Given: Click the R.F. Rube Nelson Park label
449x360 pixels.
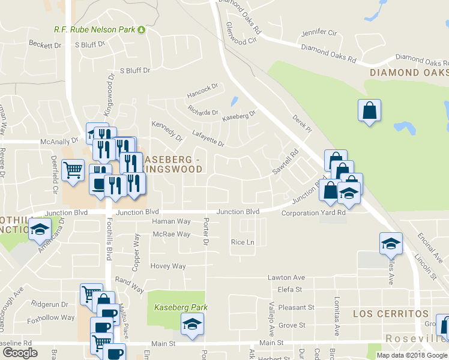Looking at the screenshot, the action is [x=94, y=29].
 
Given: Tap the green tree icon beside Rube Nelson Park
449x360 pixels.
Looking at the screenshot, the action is [x=142, y=29].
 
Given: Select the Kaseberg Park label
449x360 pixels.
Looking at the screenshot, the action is [x=181, y=307].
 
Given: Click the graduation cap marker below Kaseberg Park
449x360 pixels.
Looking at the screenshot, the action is [x=193, y=324].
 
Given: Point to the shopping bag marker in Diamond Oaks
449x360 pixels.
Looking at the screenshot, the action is [x=369, y=110].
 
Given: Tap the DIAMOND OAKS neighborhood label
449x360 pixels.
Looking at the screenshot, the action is [x=409, y=73].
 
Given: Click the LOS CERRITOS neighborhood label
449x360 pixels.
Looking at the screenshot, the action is [x=390, y=314].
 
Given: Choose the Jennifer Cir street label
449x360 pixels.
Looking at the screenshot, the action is [x=319, y=32].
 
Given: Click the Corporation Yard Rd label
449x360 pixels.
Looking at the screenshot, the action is [x=314, y=213].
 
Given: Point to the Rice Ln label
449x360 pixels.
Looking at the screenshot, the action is [x=243, y=242].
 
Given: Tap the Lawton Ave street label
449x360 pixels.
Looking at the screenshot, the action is [x=286, y=277].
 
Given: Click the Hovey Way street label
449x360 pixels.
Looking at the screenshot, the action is [x=168, y=266].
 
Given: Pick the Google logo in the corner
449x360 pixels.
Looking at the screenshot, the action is [x=20, y=353].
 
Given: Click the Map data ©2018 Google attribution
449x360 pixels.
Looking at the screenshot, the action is [x=412, y=355].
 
